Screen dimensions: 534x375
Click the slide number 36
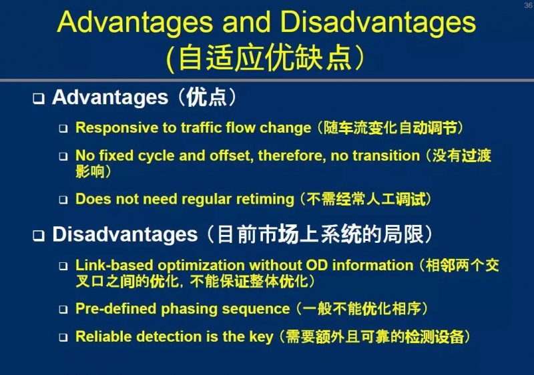point(529,5)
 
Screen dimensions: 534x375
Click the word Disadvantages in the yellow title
point(378,22)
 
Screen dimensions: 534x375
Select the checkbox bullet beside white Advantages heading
point(39,99)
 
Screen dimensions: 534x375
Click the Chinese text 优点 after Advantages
point(206,97)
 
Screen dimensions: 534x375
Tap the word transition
point(386,155)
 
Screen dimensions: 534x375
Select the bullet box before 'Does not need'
point(63,200)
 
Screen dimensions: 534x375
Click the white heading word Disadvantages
point(125,234)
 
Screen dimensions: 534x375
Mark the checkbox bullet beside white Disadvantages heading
point(39,236)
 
